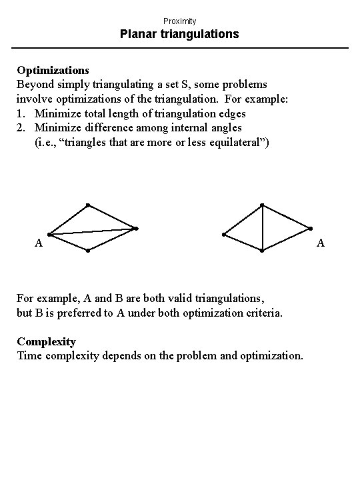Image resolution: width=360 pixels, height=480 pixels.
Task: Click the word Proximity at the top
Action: point(180,21)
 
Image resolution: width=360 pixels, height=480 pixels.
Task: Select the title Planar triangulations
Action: point(180,34)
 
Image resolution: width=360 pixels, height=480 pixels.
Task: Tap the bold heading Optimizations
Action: point(53,69)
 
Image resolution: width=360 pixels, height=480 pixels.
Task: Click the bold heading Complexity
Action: point(47,341)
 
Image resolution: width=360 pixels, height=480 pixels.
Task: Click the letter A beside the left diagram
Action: point(39,243)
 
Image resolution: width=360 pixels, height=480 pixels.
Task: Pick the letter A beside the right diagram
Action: point(321,243)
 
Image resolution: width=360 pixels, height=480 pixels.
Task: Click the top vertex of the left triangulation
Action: point(87,205)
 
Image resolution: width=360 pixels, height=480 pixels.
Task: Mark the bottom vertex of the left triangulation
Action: point(87,251)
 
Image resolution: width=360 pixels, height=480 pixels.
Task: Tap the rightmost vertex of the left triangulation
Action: point(136,229)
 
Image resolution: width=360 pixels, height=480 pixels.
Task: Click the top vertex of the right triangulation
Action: point(262,205)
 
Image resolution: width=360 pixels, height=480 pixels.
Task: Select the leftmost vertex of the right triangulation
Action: point(224,235)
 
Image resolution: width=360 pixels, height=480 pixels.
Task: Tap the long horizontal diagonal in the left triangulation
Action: point(93,231)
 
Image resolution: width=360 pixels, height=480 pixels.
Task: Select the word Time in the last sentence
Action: point(29,355)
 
